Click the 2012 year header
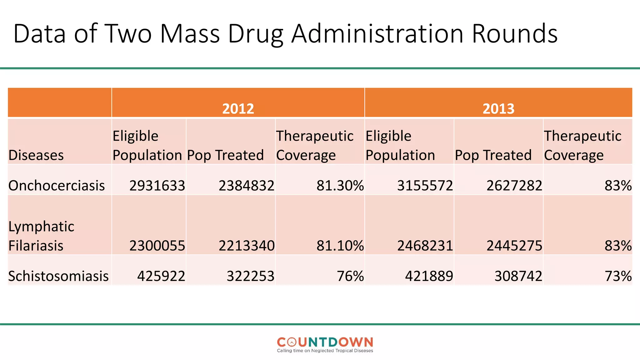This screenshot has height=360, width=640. tap(238, 108)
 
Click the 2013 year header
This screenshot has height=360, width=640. tap(498, 108)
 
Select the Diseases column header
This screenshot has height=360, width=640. tap(36, 155)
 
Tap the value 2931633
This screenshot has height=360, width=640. tap(157, 186)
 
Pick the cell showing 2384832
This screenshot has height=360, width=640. tap(246, 186)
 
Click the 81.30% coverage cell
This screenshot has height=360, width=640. tap(340, 186)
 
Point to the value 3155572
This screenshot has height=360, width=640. tap(425, 186)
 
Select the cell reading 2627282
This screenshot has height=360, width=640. tap(514, 186)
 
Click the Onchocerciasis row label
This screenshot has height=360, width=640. tap(57, 186)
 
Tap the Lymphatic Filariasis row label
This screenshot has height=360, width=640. tap(41, 236)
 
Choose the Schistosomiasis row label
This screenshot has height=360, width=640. tap(58, 276)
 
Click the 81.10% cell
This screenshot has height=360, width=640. tap(340, 246)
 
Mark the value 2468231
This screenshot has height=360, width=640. tap(425, 246)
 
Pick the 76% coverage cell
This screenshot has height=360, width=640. tap(350, 276)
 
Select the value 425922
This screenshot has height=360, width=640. tap(161, 276)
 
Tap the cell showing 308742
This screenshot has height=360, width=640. tap(518, 276)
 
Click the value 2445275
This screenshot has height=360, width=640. tap(514, 246)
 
